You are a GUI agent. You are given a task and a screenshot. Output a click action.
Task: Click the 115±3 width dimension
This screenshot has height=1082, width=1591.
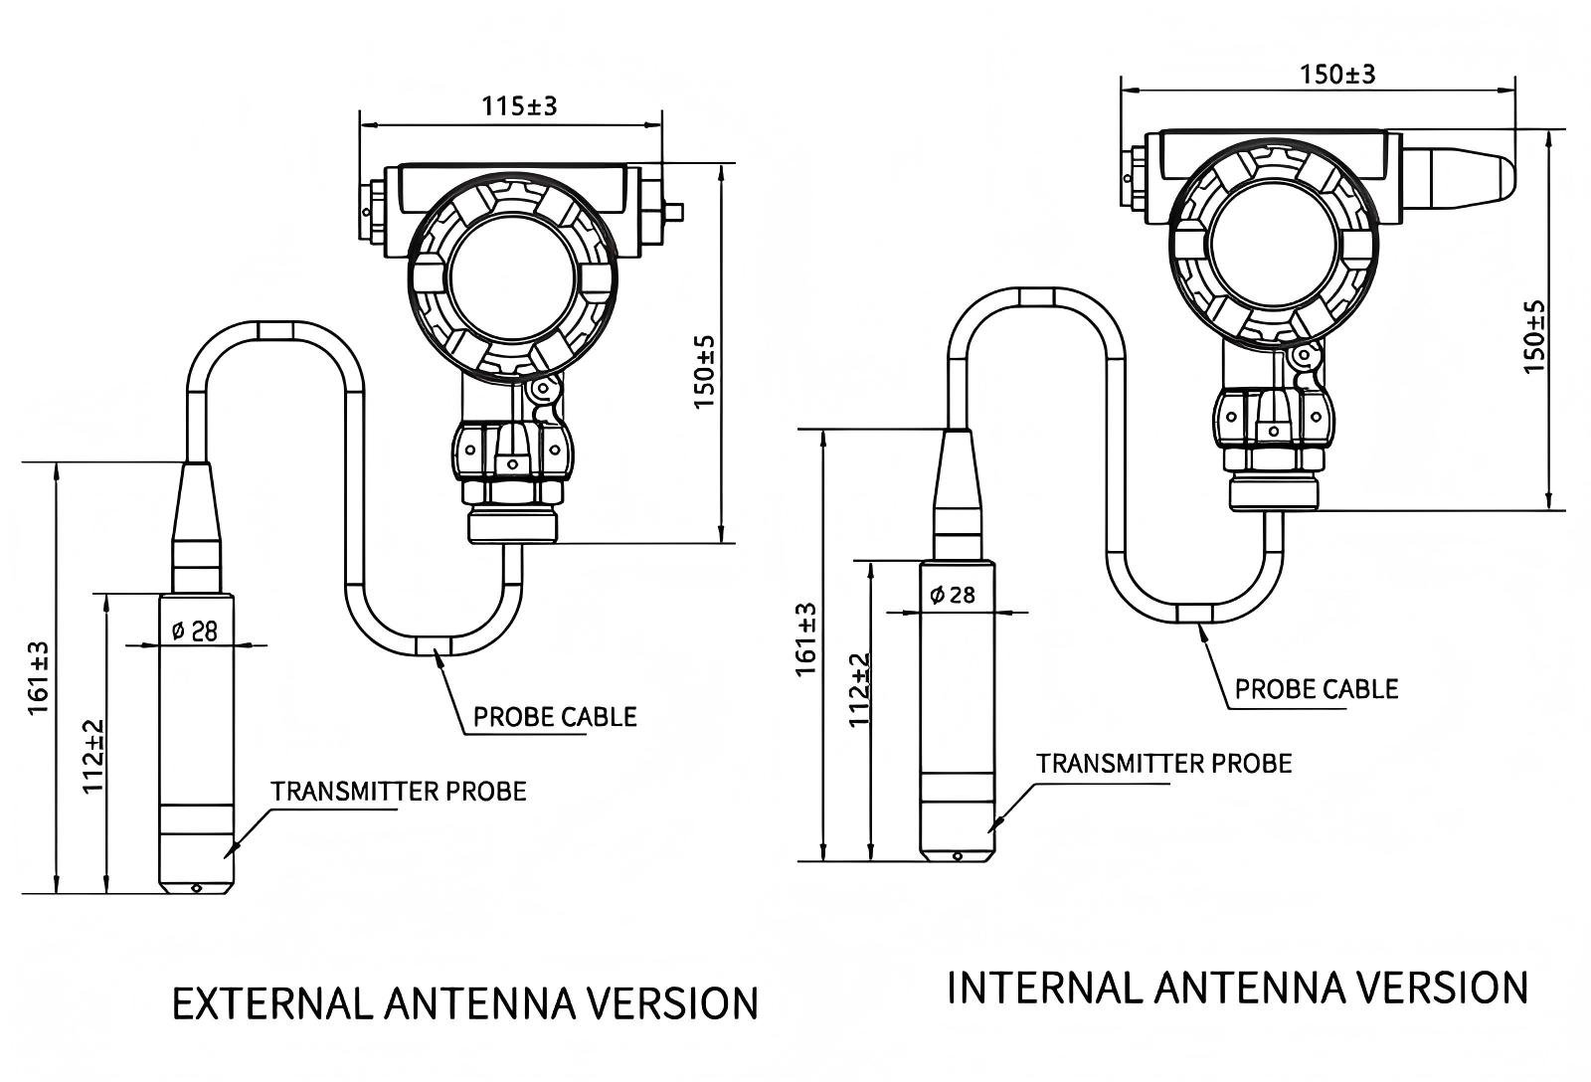519,105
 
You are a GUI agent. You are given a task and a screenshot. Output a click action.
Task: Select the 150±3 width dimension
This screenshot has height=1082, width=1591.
1337,75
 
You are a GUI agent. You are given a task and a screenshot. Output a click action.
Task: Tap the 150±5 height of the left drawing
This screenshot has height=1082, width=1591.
704,372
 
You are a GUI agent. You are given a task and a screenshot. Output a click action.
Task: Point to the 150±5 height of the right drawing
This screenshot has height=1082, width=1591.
1535,336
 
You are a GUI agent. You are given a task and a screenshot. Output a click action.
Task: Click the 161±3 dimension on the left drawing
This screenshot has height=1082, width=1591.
38,678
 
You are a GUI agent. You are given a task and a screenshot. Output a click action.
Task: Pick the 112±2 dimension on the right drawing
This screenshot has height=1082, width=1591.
861,690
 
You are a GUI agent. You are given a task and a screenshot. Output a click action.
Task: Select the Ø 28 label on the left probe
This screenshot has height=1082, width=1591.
195,631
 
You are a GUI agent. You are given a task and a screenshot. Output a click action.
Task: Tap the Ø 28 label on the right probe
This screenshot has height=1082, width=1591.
953,595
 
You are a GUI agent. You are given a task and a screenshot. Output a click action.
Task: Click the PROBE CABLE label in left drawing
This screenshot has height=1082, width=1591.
555,717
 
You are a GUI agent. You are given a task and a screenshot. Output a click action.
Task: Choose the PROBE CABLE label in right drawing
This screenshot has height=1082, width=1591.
1317,689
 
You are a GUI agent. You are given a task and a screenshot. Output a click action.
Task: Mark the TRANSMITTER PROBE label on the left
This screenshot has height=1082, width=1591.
399,792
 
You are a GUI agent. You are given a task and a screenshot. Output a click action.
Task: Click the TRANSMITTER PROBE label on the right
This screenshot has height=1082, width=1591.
1164,764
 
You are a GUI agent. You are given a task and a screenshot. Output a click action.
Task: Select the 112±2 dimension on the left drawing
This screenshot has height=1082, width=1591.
93,756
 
